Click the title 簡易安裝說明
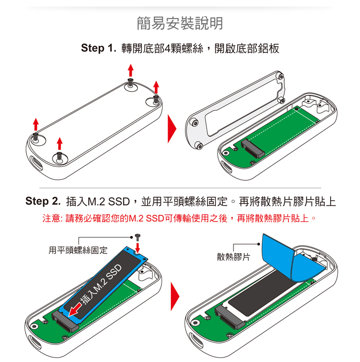point(179,23)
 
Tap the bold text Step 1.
point(98,48)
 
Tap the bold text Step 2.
point(43,201)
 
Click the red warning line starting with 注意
point(179,218)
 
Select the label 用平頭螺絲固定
point(78,250)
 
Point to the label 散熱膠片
point(233,257)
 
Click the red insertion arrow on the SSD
point(75,309)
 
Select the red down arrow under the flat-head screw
point(137,248)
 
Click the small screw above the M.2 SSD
point(138,237)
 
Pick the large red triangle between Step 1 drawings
point(172,129)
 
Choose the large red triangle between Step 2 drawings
point(175,296)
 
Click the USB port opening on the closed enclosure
point(36,163)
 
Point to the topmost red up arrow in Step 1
point(131,70)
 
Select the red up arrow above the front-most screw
point(60,144)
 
